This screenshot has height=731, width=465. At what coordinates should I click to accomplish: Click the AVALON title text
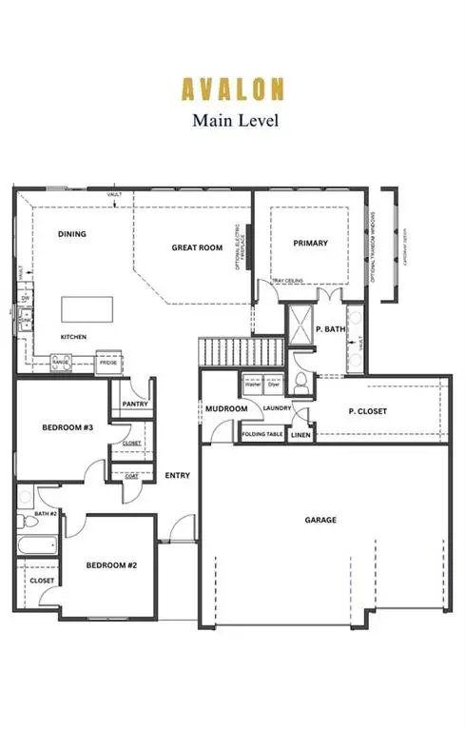[233, 89]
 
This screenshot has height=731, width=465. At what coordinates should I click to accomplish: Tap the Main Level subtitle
[233, 120]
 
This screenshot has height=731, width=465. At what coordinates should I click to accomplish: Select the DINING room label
[72, 233]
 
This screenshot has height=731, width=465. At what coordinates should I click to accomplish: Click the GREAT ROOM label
[197, 247]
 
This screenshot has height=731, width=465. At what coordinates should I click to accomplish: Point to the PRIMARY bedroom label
[310, 243]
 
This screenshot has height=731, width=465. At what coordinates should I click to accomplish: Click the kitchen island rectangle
[87, 310]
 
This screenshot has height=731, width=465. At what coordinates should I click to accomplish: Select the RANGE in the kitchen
[61, 362]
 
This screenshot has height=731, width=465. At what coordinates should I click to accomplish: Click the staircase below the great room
[242, 351]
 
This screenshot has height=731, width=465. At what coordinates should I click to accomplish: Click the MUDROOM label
[226, 409]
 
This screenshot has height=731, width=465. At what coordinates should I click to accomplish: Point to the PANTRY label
[134, 405]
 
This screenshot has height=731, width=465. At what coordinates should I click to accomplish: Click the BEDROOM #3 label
[67, 428]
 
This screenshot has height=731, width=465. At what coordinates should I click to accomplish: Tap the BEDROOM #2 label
[112, 564]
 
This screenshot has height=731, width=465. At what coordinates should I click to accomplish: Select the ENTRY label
[177, 475]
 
